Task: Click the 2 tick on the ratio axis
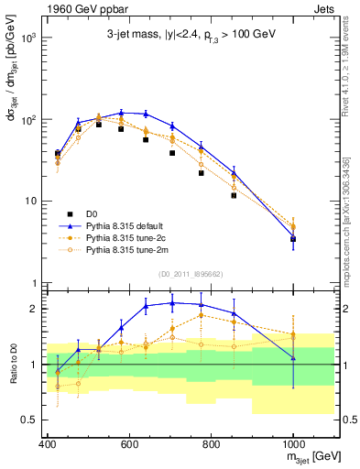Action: coord(34,309)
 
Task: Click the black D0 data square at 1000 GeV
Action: coord(293,239)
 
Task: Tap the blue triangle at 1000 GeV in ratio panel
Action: coord(293,358)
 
